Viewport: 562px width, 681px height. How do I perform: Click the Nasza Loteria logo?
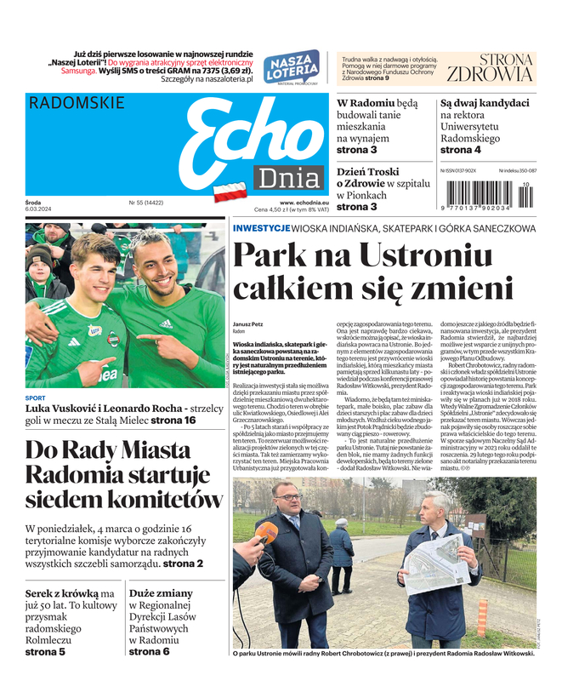[291, 67]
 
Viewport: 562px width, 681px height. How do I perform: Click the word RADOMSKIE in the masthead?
[77, 103]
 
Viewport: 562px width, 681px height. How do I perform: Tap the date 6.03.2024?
[41, 209]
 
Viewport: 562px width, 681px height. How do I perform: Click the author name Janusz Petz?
[249, 324]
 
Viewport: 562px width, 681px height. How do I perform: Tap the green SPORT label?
[36, 398]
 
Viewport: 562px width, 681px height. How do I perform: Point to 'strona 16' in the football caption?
[173, 420]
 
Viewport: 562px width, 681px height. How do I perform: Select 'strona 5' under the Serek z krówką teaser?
[44, 652]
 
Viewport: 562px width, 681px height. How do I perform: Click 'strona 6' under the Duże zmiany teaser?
[149, 652]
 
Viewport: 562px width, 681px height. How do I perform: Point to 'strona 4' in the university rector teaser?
[460, 150]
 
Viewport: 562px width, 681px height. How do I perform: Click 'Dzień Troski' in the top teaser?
[367, 171]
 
